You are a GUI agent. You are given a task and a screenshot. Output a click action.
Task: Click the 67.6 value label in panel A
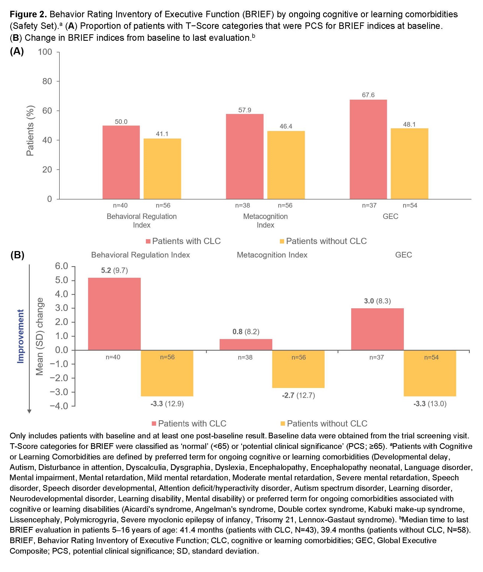(x=368, y=95)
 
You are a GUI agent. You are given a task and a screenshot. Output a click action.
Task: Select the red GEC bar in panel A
(x=368, y=149)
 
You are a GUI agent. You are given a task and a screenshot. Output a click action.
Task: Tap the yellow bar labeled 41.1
(x=162, y=168)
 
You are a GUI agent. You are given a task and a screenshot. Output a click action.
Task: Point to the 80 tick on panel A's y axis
(x=47, y=81)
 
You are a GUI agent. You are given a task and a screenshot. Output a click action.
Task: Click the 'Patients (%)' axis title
(x=30, y=130)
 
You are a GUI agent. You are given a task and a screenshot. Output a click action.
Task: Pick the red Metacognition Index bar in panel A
(x=244, y=156)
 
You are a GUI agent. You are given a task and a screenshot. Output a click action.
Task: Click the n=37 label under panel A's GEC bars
(x=369, y=205)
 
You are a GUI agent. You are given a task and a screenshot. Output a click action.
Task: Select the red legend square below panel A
(x=148, y=241)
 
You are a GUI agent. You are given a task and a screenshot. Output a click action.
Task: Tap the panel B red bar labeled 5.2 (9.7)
(x=114, y=314)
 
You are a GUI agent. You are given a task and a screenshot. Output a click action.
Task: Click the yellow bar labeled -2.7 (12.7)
(x=298, y=369)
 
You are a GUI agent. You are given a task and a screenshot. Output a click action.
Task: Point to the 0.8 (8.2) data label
(x=246, y=331)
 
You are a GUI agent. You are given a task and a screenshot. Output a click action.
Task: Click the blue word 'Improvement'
(x=21, y=336)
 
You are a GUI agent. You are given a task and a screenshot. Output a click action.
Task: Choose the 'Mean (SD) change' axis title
(x=40, y=336)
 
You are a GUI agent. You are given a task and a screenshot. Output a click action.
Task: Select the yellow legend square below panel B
(x=283, y=424)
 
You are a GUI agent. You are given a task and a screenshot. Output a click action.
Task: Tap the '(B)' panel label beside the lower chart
(x=17, y=255)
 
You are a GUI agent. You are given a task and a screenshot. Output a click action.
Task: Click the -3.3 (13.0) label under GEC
(x=430, y=404)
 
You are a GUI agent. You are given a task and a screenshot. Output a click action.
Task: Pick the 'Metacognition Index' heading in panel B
(x=272, y=255)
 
